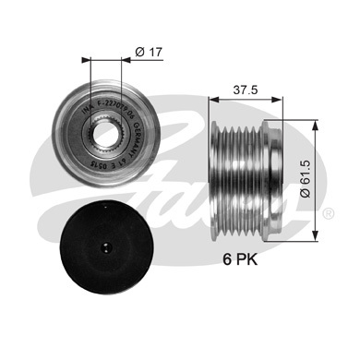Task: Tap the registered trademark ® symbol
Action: pos(330,214)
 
